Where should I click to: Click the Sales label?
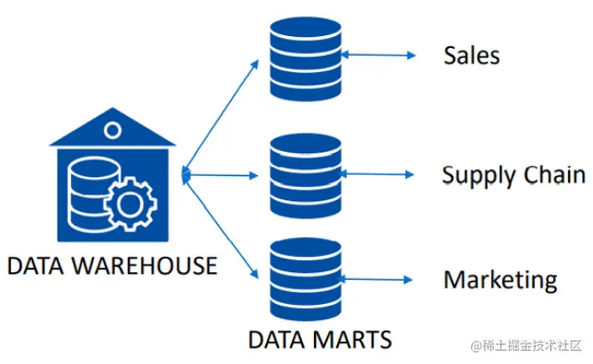click(x=471, y=56)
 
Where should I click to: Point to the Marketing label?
click(x=500, y=280)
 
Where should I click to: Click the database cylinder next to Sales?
click(x=306, y=58)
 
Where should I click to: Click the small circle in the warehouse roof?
click(x=111, y=130)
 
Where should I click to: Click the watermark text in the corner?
click(x=525, y=344)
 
